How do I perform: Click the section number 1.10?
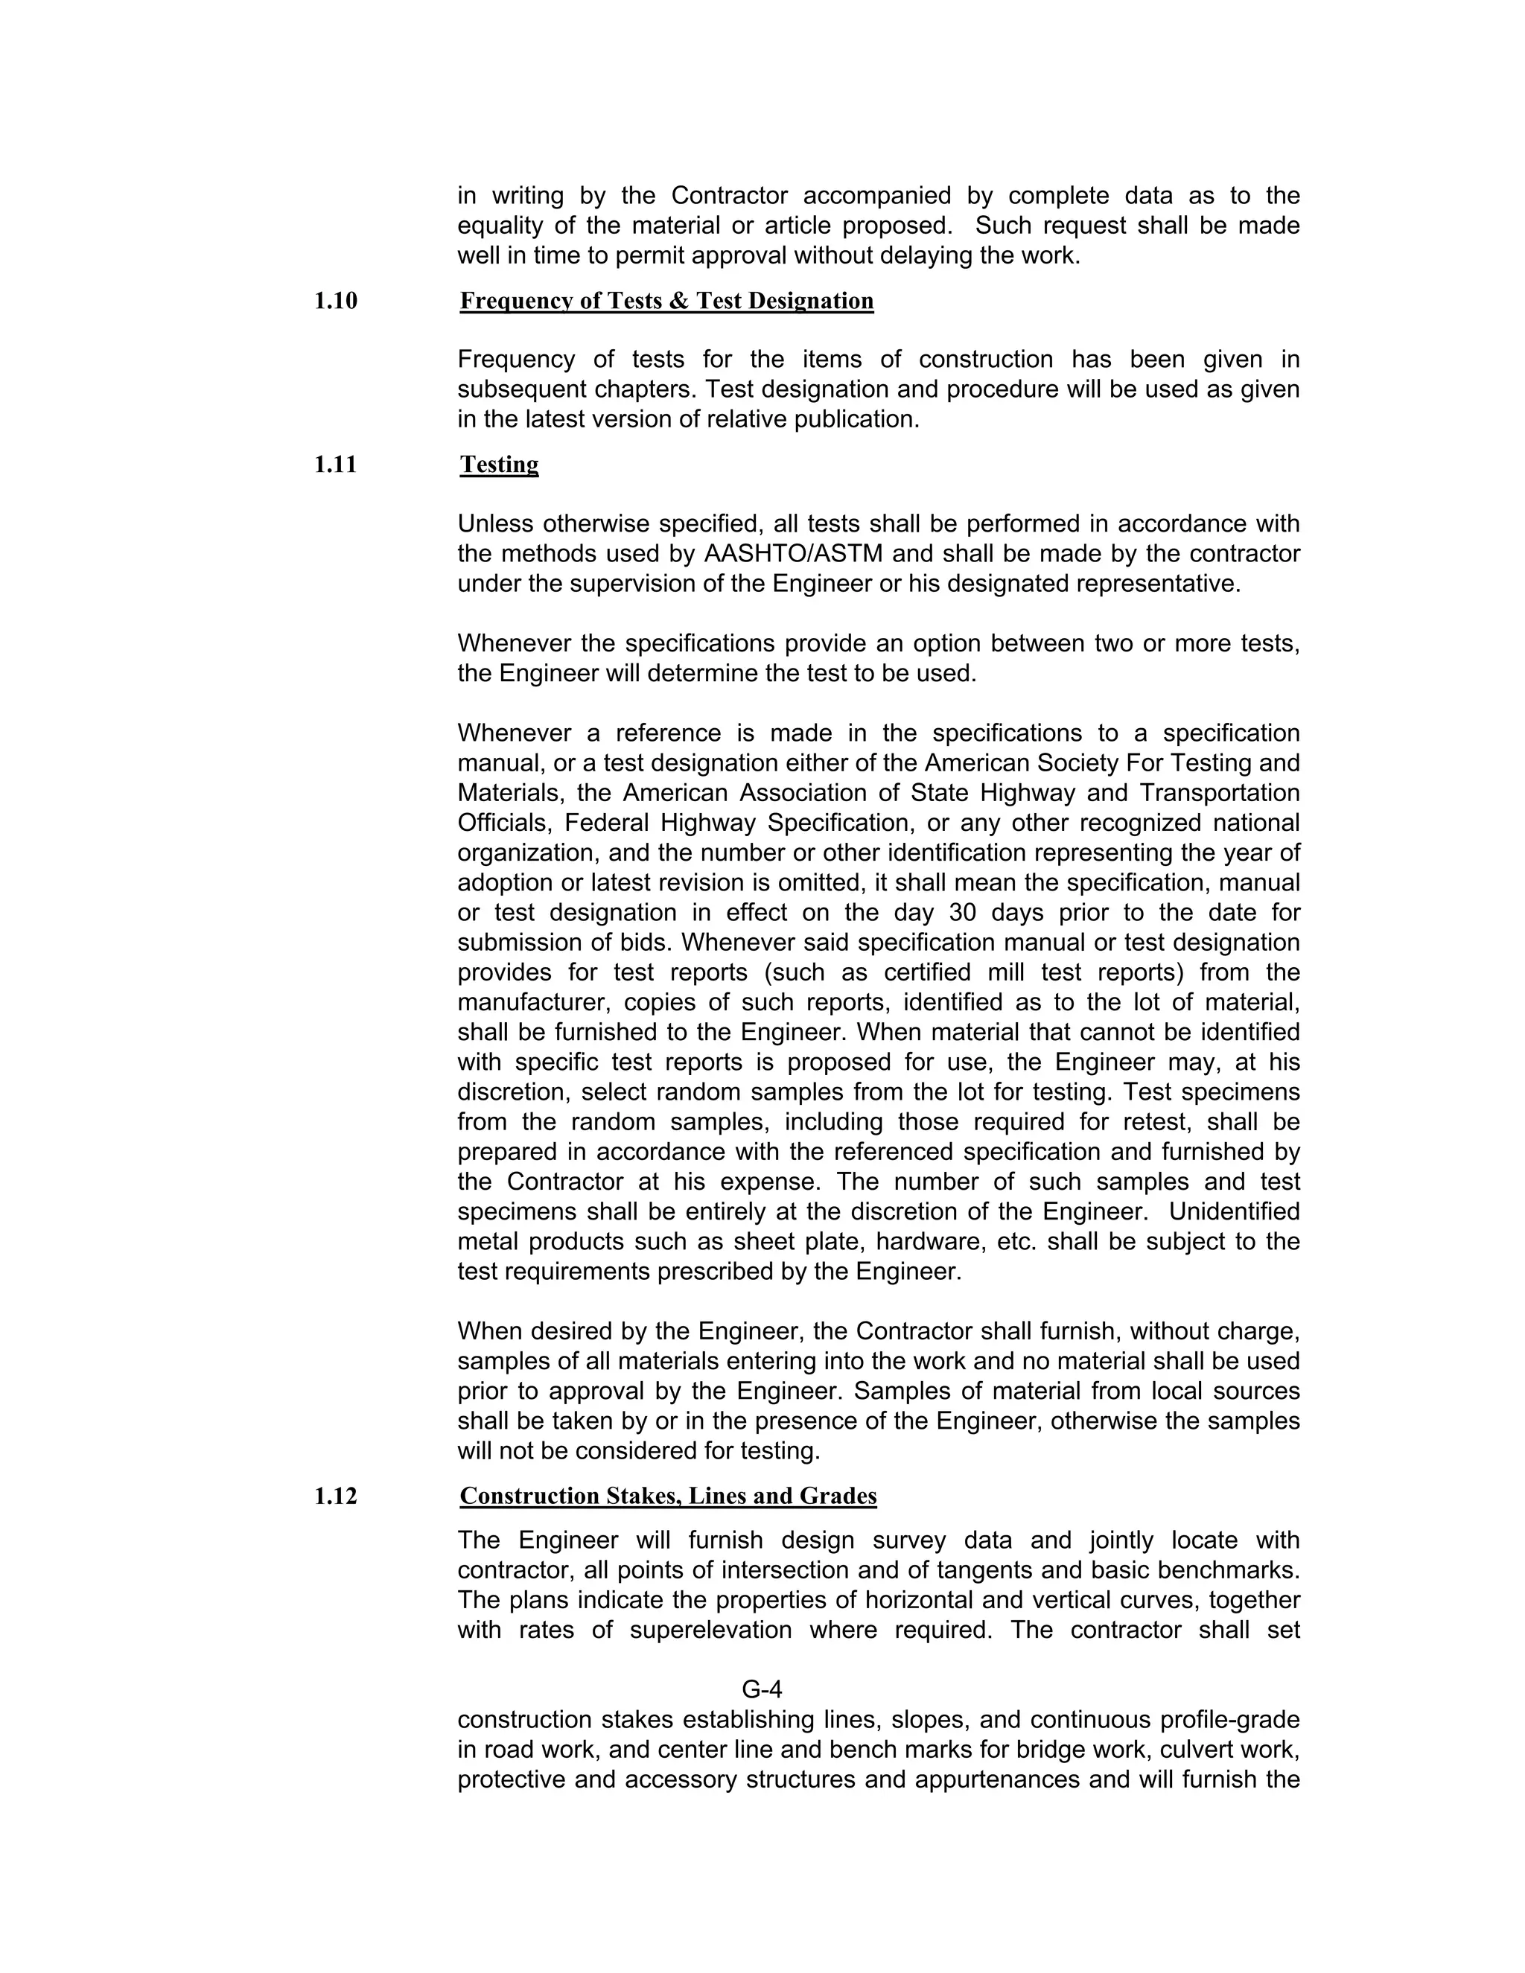[335, 301]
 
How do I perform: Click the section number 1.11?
[335, 465]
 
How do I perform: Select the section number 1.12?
[335, 1496]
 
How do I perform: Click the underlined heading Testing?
[499, 465]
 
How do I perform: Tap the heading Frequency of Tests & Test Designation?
[666, 301]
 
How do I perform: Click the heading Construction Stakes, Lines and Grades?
[668, 1496]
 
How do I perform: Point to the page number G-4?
[762, 1689]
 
